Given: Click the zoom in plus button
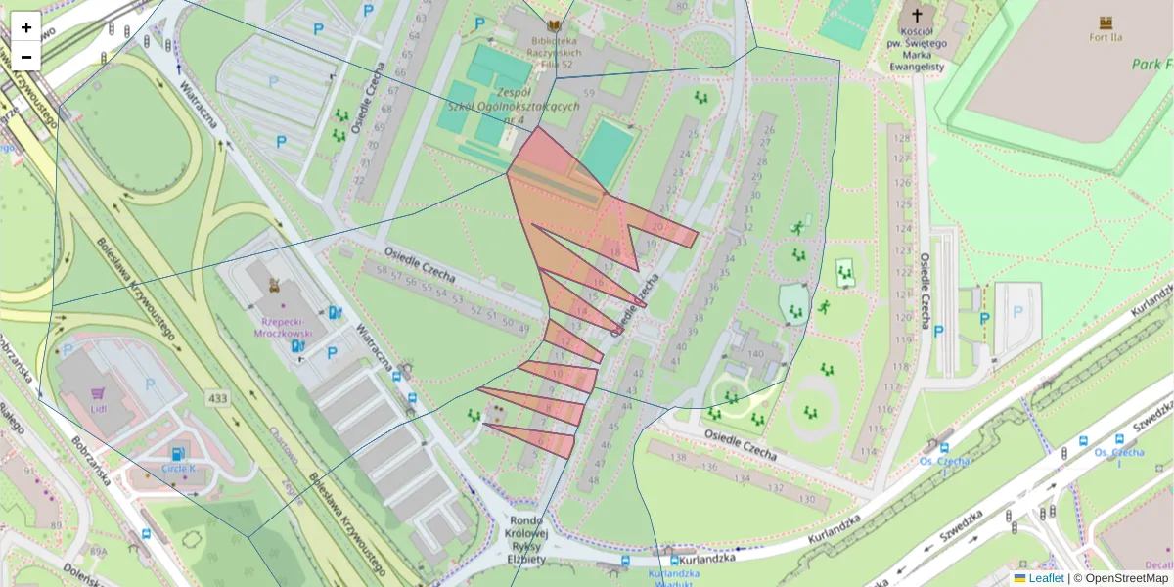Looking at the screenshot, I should coord(26,27).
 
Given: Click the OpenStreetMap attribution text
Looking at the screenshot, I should coord(1121,578).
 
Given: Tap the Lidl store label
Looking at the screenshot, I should coord(98,408).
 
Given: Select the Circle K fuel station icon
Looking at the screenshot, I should coord(177,454).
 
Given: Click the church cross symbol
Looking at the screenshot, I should coord(917,15).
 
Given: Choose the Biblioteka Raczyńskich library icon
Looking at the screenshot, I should coord(555,25).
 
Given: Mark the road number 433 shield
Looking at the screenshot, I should coord(216,398).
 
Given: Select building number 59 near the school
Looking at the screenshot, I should coord(589,93).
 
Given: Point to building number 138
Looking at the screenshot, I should coord(679,456).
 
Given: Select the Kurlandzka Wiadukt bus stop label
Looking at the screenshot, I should coord(673,576).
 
